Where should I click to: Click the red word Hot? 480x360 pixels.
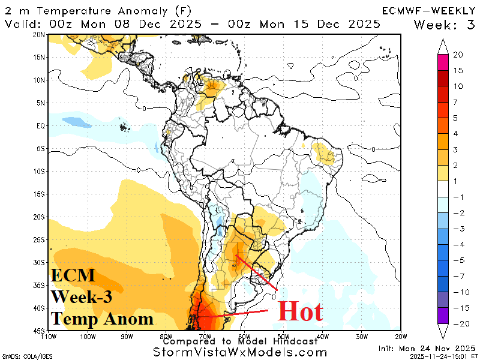[x=300, y=312]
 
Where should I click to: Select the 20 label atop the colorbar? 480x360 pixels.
[x=458, y=55]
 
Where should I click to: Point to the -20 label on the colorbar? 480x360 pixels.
[x=460, y=323]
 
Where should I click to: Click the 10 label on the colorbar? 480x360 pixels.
[x=458, y=86]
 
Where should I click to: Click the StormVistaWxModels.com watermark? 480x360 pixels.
[x=240, y=352]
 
